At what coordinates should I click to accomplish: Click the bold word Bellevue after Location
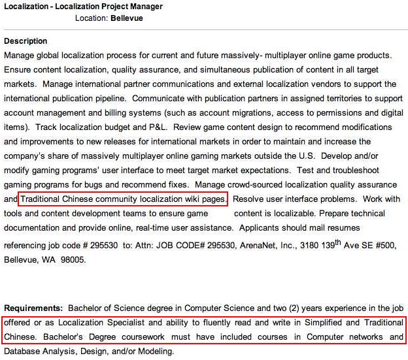(x=127, y=18)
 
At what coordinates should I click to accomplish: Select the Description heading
(x=25, y=41)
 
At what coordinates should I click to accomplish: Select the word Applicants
(x=261, y=228)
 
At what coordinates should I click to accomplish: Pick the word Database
(x=23, y=351)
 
